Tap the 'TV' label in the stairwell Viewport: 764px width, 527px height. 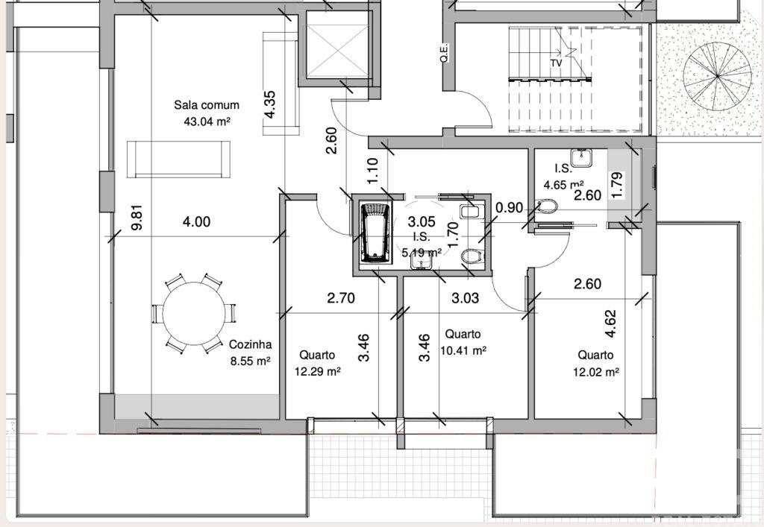(556, 63)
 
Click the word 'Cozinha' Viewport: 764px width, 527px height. (250, 345)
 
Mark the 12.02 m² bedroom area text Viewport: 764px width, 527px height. (595, 371)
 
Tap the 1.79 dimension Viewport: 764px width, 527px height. (616, 185)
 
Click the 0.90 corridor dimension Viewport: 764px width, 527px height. (509, 208)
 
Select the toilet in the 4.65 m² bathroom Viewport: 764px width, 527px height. (546, 204)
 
